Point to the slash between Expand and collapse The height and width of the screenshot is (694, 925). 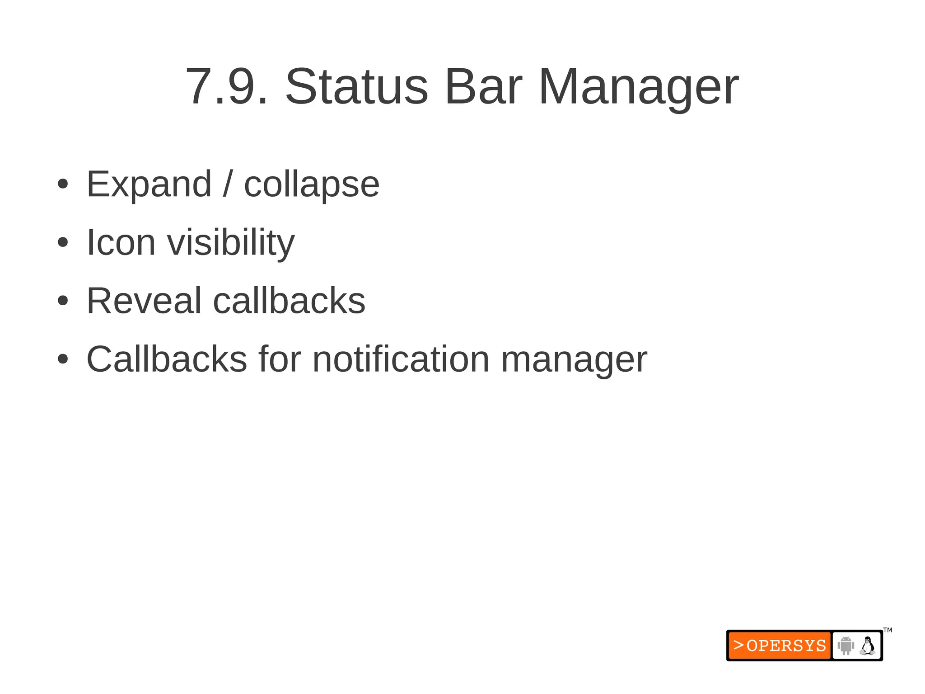tap(228, 184)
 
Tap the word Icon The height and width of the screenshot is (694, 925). tap(121, 243)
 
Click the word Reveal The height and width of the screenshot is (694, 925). tap(144, 301)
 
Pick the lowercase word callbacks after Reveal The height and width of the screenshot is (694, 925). tap(289, 301)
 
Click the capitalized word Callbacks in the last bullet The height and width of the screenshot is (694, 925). tap(167, 359)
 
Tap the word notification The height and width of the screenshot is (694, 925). tap(401, 359)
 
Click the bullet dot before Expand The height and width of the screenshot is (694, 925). tap(63, 184)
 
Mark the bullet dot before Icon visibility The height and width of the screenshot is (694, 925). tap(63, 242)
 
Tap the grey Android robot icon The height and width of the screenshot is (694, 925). tap(846, 645)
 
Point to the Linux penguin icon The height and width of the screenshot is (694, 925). tap(867, 646)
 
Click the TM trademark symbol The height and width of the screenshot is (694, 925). tap(888, 630)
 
